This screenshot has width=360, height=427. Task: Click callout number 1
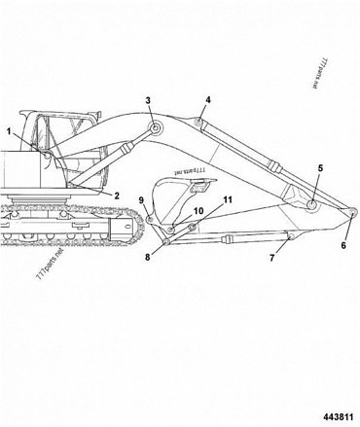(x=9, y=130)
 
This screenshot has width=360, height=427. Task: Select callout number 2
(x=116, y=196)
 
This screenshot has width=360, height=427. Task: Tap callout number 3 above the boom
(x=149, y=100)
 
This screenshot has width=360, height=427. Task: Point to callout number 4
(x=207, y=99)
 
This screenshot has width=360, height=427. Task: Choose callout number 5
(x=319, y=168)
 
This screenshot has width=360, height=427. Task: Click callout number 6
(x=342, y=246)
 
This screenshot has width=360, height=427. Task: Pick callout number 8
(x=148, y=257)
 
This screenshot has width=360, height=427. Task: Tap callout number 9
(x=141, y=200)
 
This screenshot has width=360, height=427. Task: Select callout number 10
(x=198, y=210)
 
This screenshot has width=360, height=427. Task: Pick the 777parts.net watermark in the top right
(x=325, y=74)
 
